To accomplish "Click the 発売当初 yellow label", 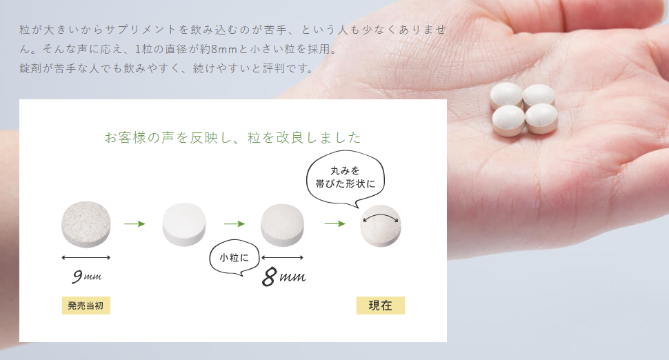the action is click(86, 306).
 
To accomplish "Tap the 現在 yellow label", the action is click(381, 306).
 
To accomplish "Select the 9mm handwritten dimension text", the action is click(87, 277).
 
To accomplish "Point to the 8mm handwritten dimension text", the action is click(283, 277).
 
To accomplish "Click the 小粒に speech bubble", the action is click(234, 257).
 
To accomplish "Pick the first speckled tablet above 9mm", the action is click(86, 224).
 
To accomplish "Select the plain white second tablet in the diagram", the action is click(184, 224).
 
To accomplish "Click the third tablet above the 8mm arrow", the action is click(283, 226).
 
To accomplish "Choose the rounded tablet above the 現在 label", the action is click(381, 226).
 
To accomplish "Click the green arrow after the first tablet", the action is click(134, 223).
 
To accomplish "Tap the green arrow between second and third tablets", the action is click(234, 223).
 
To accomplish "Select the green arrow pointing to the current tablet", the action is click(335, 223).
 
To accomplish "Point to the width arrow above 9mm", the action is click(86, 257).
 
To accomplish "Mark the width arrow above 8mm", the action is click(283, 257).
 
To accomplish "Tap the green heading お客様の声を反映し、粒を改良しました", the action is click(233, 137).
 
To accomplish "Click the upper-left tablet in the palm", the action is click(506, 96).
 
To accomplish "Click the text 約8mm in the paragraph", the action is click(219, 49).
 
